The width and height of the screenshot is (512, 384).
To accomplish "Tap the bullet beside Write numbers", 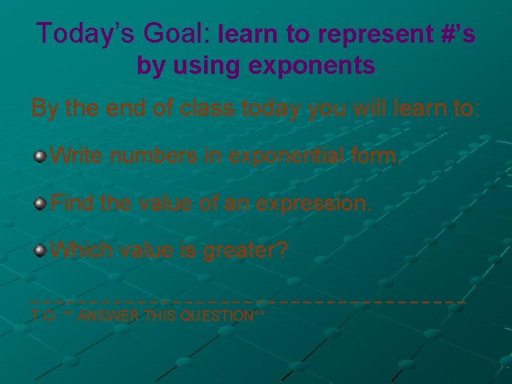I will click(41, 155).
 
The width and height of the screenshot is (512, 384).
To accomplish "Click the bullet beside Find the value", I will click(41, 204).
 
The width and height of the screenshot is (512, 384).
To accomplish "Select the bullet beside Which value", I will click(41, 250).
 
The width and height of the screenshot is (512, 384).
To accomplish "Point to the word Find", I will click(73, 204).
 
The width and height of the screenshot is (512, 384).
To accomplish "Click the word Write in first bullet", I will click(80, 155).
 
